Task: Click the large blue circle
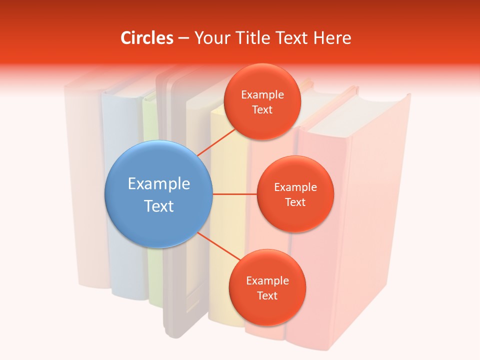(158, 194)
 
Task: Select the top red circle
(262, 101)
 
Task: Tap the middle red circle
(295, 194)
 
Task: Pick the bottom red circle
(267, 287)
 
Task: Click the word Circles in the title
(147, 38)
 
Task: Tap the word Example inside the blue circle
(159, 184)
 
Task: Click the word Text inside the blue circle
(159, 206)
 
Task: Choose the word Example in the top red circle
(262, 95)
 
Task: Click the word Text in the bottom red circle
(267, 295)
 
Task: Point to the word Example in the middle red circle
(295, 187)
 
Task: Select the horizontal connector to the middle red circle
(235, 194)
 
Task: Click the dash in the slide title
(183, 38)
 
